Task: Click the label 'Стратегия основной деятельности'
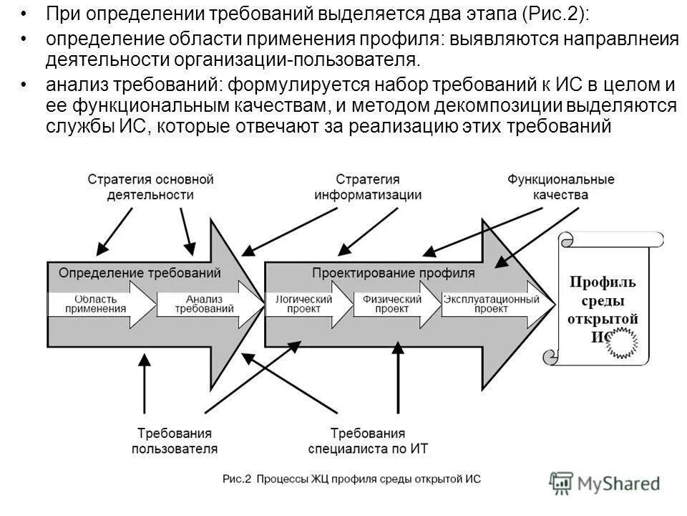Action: (151, 186)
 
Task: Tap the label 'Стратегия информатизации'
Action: (367, 186)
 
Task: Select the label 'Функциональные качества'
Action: (560, 186)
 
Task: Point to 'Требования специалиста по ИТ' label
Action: (367, 441)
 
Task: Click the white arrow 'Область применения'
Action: (100, 304)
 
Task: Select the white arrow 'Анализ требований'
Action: (208, 304)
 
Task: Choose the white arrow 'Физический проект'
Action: (394, 304)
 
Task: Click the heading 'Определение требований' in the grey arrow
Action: (139, 273)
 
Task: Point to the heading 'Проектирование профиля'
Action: (393, 273)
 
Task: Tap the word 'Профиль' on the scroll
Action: (603, 282)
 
